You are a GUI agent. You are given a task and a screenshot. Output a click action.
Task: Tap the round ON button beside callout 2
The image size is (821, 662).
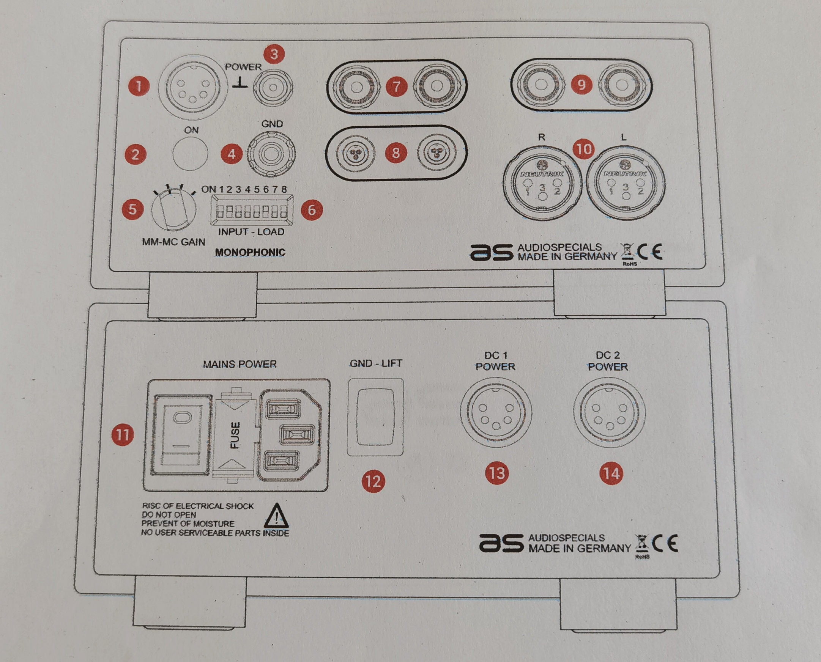click(x=190, y=153)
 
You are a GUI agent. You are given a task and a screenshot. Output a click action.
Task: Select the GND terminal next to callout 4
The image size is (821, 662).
click(x=271, y=154)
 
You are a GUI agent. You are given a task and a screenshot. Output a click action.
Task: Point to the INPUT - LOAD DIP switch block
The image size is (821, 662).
click(x=252, y=211)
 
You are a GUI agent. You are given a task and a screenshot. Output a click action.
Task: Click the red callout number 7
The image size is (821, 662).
click(x=396, y=86)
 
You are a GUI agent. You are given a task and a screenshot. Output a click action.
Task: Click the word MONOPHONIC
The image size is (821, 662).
click(x=250, y=252)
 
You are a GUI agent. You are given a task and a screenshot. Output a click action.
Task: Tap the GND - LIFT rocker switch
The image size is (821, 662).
click(x=375, y=417)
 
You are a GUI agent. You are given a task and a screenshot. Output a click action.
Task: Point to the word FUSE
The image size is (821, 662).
click(x=235, y=435)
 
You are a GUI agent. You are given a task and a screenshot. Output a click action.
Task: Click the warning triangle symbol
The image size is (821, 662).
click(x=276, y=516)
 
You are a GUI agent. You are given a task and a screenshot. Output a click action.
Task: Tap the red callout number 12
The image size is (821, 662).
click(x=373, y=481)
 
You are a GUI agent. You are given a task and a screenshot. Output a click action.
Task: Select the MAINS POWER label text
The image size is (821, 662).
click(x=240, y=364)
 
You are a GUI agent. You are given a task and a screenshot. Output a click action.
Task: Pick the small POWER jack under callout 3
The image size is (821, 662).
click(x=273, y=87)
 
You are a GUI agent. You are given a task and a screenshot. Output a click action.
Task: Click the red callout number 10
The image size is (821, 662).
click(x=584, y=149)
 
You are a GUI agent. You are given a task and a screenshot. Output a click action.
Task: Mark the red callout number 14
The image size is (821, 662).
click(x=611, y=473)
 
